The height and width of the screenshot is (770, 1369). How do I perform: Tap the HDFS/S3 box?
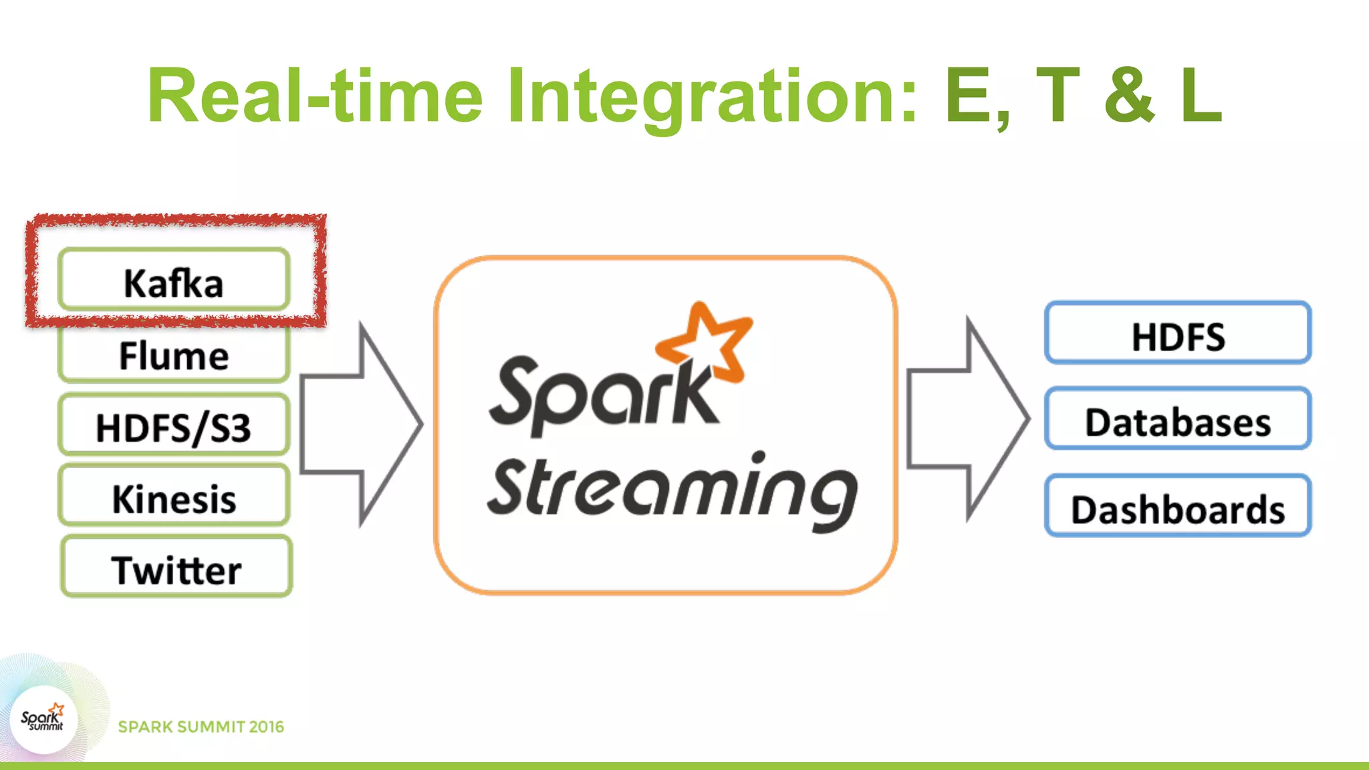(174, 426)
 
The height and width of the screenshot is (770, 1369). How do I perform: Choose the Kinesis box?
(174, 497)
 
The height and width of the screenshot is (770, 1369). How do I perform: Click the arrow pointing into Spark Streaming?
(361, 425)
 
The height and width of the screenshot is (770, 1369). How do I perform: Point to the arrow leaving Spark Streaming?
(968, 418)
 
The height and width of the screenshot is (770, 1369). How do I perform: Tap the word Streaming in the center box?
(671, 491)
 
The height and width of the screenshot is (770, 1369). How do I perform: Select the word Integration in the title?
(713, 98)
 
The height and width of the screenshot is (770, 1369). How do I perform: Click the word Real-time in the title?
(314, 98)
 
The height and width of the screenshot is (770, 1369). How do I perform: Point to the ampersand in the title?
(1130, 98)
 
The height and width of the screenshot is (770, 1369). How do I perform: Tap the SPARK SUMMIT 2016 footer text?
(201, 727)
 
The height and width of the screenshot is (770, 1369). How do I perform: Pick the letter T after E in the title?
(1058, 98)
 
